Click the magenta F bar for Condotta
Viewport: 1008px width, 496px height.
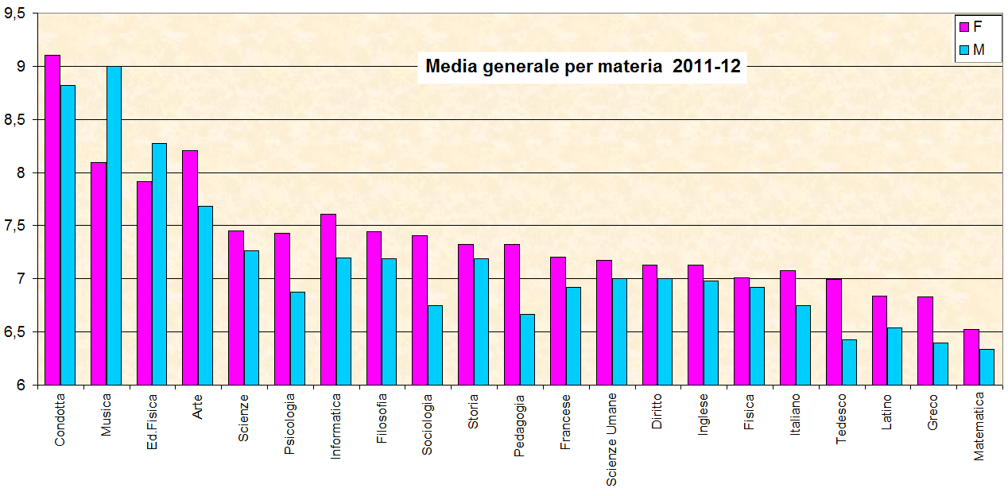(52, 219)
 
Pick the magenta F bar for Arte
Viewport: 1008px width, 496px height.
(190, 267)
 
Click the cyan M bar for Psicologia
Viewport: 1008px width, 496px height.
(297, 338)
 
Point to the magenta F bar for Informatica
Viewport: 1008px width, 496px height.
(328, 299)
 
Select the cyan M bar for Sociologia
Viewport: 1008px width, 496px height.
(435, 345)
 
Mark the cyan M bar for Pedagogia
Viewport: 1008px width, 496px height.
(527, 349)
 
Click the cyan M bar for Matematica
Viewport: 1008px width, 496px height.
(987, 366)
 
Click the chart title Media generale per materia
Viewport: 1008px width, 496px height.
(583, 67)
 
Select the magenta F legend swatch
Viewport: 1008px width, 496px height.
(964, 27)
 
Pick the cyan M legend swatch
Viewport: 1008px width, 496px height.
(964, 50)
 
